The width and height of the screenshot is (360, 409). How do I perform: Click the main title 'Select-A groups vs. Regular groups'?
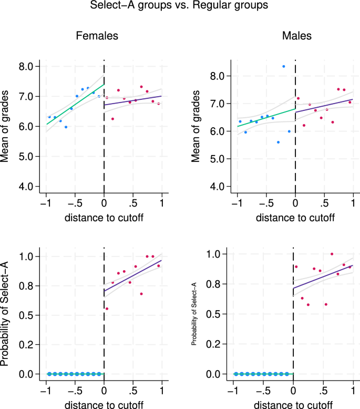click(180, 7)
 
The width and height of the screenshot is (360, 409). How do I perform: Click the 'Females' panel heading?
click(97, 36)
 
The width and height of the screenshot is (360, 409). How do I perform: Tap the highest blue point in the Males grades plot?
click(284, 66)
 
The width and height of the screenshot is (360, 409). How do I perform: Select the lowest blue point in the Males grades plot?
click(278, 142)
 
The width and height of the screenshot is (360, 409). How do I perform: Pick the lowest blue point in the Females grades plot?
click(66, 127)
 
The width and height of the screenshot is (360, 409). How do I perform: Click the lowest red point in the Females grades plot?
click(112, 119)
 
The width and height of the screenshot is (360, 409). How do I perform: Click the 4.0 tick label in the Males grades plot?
click(218, 187)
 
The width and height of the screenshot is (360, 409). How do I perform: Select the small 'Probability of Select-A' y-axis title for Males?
click(194, 314)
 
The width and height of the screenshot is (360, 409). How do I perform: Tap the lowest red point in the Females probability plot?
click(107, 309)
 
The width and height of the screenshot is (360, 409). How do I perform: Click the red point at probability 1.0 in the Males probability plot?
click(332, 254)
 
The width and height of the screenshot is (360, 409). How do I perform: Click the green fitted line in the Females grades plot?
click(74, 105)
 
